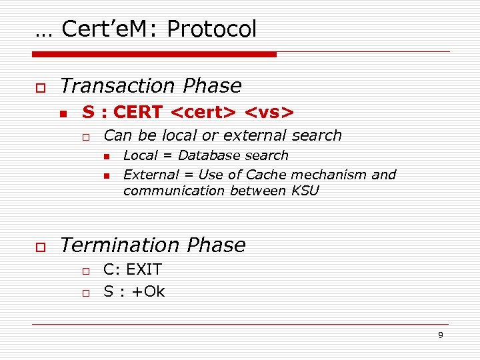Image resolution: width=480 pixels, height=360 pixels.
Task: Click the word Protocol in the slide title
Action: (211, 29)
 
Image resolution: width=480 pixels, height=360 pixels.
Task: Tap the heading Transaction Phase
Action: (151, 86)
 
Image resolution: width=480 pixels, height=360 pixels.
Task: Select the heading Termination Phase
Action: (153, 245)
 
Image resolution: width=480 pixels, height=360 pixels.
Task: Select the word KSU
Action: (306, 191)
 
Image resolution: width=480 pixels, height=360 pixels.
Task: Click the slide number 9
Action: (440, 335)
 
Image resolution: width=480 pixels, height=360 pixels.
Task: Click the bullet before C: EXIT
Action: (86, 271)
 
